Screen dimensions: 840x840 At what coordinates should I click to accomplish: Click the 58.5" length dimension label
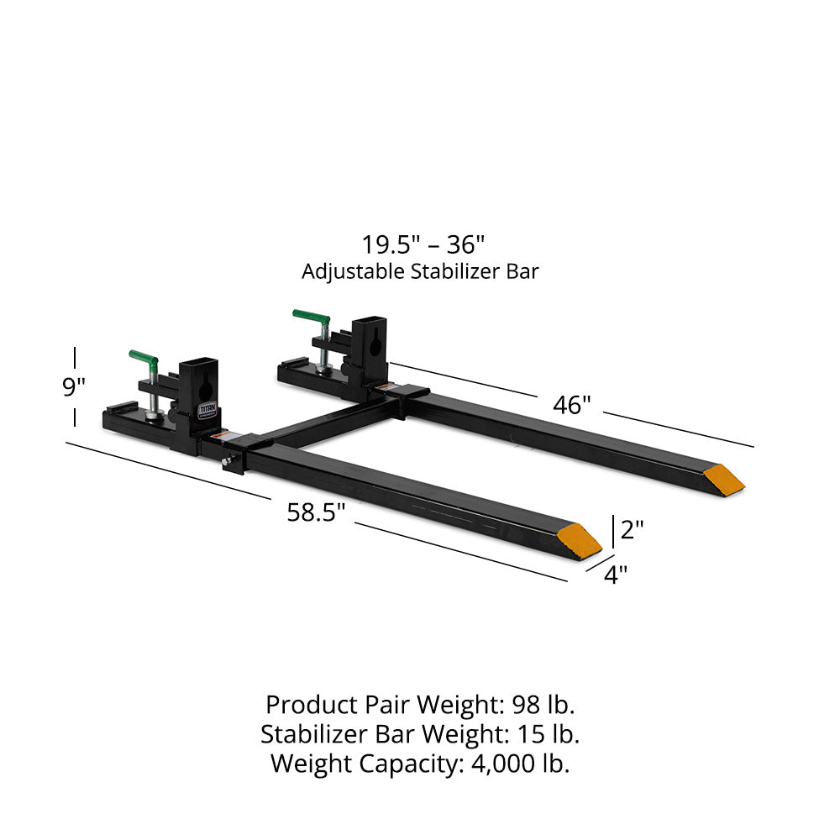coord(317,512)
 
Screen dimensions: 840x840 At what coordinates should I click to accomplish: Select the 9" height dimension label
coord(75,387)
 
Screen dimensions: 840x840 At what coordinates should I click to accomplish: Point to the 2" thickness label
coord(631,529)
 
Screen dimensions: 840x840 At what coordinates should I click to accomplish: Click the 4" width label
coord(616,575)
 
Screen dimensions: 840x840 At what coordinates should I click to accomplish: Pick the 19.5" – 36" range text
coord(423,245)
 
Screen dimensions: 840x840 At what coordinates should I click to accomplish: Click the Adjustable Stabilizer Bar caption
coord(420,271)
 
